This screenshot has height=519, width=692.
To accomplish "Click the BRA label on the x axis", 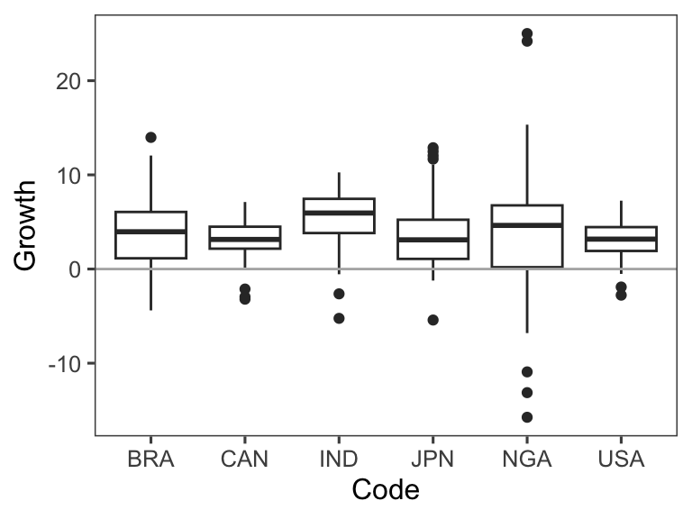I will (x=150, y=460).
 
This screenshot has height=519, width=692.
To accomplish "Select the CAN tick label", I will (x=244, y=460).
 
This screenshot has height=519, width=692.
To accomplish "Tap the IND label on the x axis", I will (x=339, y=460).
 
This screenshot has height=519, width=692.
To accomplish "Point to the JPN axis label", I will (x=432, y=460).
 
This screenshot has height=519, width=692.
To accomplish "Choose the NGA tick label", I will (x=527, y=460).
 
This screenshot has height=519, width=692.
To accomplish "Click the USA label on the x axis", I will (x=621, y=460).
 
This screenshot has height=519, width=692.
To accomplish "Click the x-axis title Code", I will (x=386, y=490).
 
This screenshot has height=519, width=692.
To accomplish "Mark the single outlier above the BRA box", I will (x=150, y=137).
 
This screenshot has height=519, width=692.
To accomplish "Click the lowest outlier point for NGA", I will (x=527, y=417).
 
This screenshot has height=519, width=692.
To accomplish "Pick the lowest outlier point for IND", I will (x=339, y=318).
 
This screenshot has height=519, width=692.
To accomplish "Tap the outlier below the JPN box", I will (x=432, y=320).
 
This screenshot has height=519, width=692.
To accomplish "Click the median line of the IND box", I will (x=339, y=213).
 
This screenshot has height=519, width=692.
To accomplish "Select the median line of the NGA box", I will (x=527, y=224).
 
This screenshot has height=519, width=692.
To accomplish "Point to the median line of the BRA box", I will (x=150, y=232).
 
